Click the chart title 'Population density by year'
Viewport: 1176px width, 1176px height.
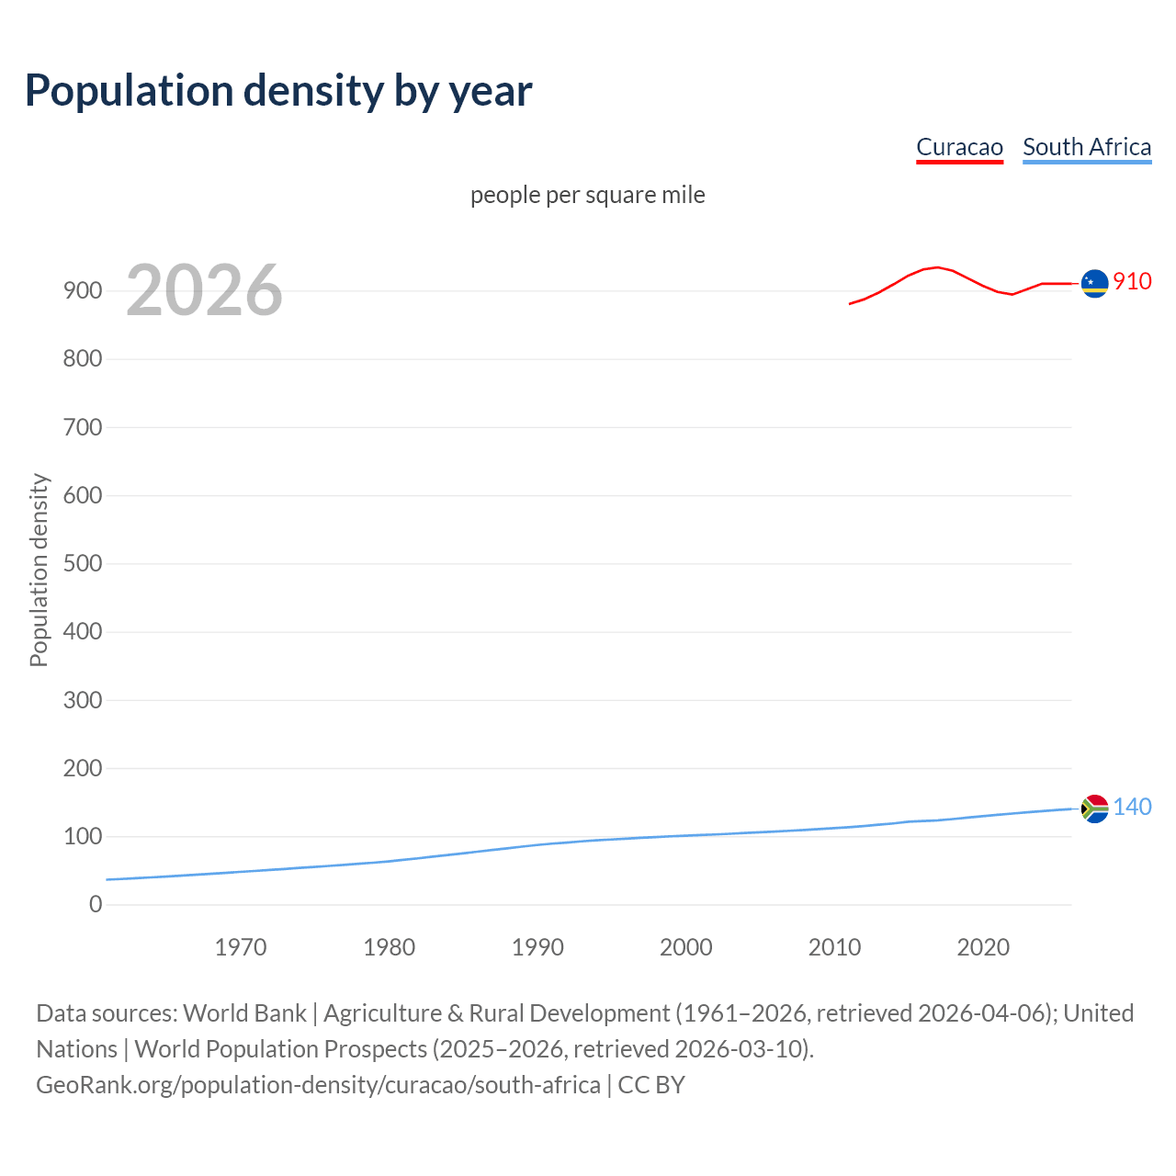[x=278, y=91]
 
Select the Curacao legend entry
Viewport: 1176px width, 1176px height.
[x=959, y=147]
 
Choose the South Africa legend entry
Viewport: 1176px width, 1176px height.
[x=1087, y=147]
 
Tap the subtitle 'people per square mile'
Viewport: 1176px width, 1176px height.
[x=587, y=195]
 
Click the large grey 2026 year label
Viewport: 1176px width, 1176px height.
[x=204, y=290]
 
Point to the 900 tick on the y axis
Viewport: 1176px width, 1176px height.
[x=83, y=290]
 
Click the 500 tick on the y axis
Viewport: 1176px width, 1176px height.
[x=83, y=563]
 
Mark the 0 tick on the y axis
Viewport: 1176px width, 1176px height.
[x=96, y=904]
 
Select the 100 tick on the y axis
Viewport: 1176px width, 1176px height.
[x=83, y=836]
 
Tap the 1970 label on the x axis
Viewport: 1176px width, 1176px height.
[x=241, y=947]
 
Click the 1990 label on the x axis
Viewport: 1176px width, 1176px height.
[x=537, y=947]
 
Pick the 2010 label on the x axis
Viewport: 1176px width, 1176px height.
[x=834, y=947]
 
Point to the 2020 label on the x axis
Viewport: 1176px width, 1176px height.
[x=983, y=947]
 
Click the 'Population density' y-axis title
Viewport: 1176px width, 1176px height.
[x=39, y=570]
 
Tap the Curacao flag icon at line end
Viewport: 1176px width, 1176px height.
[x=1094, y=284]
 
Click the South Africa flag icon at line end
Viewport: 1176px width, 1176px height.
[x=1094, y=808]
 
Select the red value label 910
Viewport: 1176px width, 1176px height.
[x=1132, y=281]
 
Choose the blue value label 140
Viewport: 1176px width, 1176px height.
[x=1132, y=807]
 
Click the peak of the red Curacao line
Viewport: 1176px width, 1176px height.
[x=936, y=267]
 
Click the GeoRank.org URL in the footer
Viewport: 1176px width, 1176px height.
[x=318, y=1085]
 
